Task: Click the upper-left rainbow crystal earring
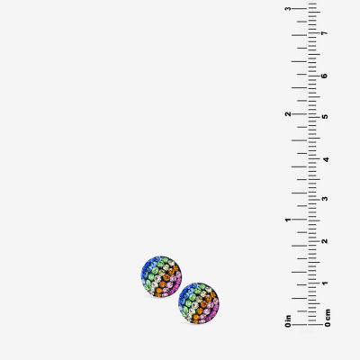point(161,276)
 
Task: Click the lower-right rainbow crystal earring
point(199,303)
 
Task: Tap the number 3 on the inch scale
point(288,9)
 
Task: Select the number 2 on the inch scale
point(288,114)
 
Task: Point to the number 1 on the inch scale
point(288,220)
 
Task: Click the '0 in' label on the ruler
point(288,321)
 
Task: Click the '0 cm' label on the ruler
point(328,318)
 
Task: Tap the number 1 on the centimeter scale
point(325,283)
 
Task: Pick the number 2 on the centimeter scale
point(325,241)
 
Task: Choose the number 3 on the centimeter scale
point(325,199)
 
